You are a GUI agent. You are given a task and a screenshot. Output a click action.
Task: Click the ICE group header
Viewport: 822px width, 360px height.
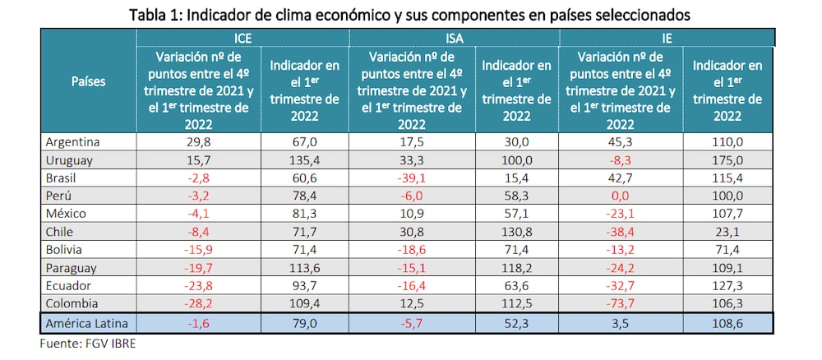click(242, 37)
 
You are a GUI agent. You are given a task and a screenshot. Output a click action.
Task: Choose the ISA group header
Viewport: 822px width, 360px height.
click(455, 37)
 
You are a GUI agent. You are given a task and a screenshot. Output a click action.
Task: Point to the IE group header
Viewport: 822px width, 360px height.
click(667, 37)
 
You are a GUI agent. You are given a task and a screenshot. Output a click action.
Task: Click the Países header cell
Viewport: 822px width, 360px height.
click(88, 82)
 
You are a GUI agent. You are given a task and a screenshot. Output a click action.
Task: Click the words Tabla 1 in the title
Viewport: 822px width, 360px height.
click(157, 13)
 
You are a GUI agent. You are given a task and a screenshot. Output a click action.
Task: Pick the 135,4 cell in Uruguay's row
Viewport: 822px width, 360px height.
click(304, 159)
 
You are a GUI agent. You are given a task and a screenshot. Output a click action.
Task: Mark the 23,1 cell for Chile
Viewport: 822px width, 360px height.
click(727, 232)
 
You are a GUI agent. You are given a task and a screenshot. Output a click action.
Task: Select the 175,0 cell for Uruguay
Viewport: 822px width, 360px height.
click(727, 159)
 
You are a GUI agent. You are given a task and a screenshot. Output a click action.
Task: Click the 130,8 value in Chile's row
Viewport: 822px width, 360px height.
click(516, 232)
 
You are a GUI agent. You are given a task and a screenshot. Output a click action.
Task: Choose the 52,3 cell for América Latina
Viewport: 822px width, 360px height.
click(516, 323)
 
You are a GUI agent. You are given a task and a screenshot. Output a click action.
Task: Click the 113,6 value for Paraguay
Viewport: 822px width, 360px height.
click(304, 268)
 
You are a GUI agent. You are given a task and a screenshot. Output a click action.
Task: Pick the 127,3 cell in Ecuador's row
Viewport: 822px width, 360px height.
click(727, 286)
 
